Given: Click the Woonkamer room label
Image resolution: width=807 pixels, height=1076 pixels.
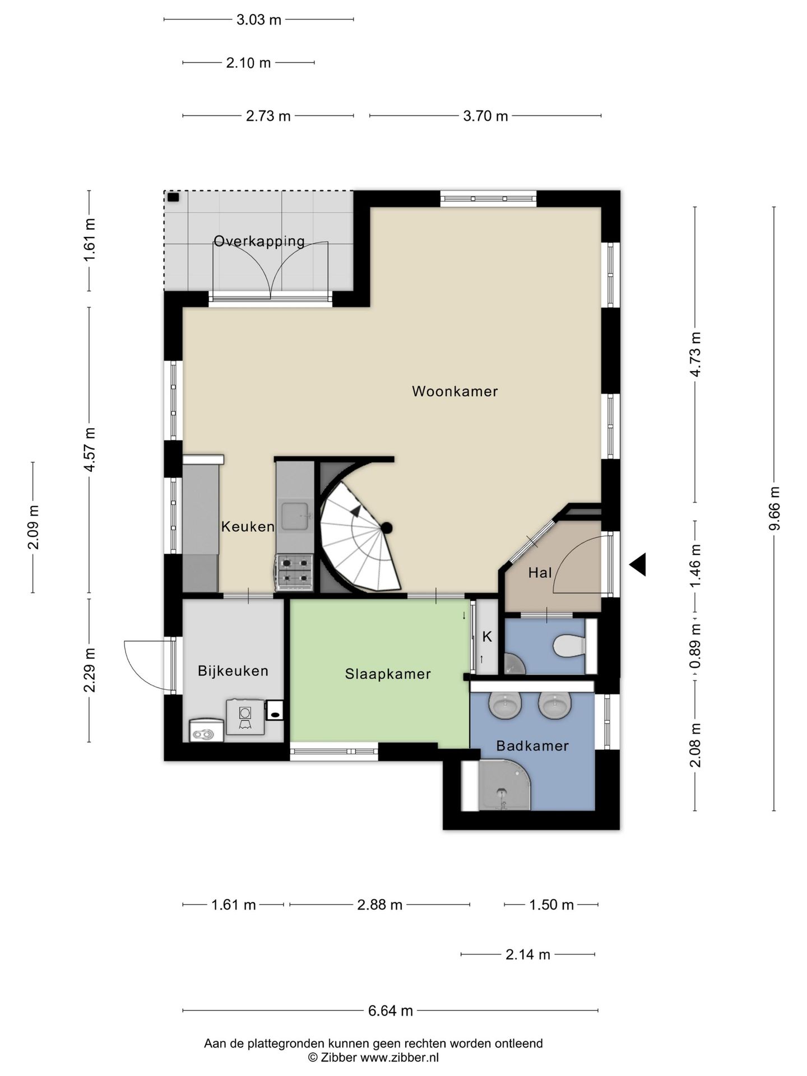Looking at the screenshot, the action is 454,391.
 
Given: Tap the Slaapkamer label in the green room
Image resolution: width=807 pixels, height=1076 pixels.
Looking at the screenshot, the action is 388,674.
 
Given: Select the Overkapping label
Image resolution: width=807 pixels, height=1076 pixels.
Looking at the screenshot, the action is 259,242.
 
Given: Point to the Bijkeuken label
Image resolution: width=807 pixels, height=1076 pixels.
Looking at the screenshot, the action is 233,671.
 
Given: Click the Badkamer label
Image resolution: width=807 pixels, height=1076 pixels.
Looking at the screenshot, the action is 532,746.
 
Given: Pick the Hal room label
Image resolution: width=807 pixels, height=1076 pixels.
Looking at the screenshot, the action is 540,573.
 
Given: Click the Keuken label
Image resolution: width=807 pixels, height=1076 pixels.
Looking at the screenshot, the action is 248,527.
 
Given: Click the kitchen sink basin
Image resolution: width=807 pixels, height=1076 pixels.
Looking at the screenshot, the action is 295,516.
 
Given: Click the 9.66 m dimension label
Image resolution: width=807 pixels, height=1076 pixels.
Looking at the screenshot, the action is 774,508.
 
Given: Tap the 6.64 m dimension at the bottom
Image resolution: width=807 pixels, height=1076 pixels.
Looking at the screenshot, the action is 391,1010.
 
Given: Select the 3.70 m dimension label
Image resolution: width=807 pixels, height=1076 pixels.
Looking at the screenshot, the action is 485,116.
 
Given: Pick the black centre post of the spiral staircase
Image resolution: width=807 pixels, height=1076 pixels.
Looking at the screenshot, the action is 386,527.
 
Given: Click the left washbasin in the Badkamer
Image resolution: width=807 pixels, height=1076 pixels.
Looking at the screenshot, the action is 505,705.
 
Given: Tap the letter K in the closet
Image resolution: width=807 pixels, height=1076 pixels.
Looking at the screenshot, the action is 487,637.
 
